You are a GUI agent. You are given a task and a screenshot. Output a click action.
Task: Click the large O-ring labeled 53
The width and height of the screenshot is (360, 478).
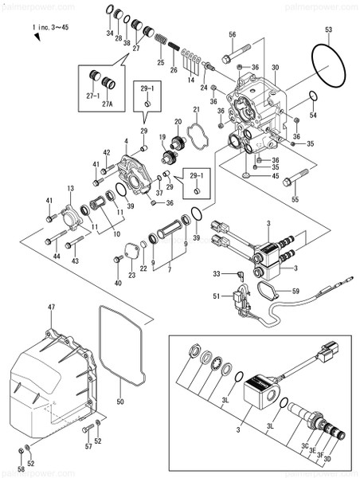pos(327,69)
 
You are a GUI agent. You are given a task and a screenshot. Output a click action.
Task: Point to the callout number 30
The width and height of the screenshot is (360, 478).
pos(275,67)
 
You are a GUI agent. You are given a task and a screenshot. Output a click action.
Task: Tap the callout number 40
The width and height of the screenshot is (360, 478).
pos(118,282)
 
